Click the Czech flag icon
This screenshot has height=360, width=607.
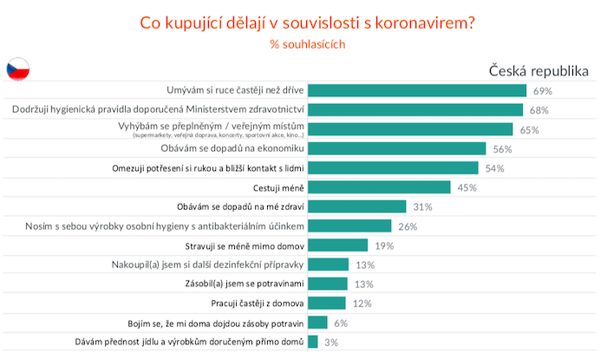click(19, 69)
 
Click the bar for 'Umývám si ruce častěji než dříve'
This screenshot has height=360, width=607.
click(417, 90)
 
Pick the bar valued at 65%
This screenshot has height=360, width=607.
click(410, 129)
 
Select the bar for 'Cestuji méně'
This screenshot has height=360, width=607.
click(379, 187)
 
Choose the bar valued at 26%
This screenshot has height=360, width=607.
click(349, 226)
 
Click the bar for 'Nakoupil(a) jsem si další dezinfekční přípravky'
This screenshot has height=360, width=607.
click(329, 265)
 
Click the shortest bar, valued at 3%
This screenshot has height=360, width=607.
click(313, 342)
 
